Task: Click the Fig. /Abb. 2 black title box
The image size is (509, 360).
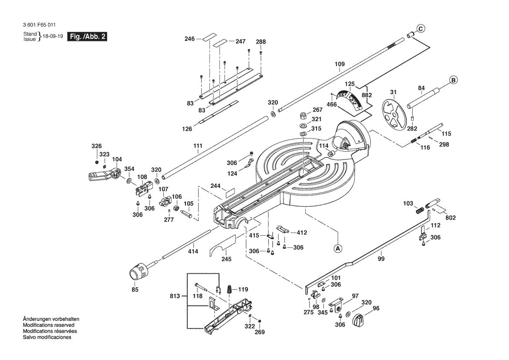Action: click(x=87, y=36)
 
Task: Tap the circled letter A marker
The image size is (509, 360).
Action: click(x=338, y=248)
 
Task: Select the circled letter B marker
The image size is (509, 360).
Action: click(x=454, y=80)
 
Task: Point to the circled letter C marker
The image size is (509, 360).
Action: click(x=420, y=29)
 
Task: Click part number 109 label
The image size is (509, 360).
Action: click(x=340, y=64)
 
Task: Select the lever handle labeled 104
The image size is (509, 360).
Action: click(x=104, y=174)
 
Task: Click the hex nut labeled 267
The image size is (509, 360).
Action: click(x=303, y=115)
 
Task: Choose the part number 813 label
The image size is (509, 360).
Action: click(x=175, y=296)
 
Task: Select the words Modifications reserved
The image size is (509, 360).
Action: click(x=48, y=325)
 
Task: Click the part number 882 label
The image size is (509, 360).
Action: click(x=367, y=95)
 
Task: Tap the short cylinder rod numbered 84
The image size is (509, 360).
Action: click(x=423, y=98)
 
